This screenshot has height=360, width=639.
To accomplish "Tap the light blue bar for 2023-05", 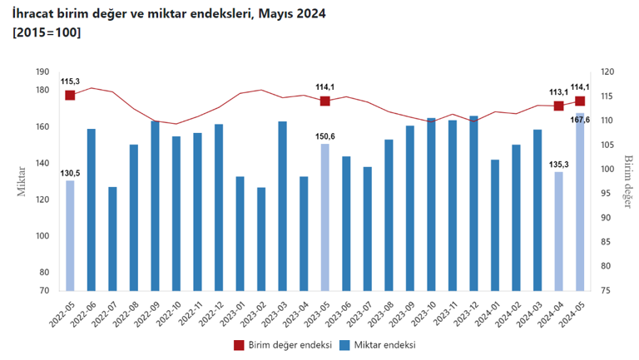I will click(325, 217).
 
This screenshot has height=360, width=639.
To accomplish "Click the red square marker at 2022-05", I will click(70, 96).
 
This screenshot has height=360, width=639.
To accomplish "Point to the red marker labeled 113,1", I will click(558, 106).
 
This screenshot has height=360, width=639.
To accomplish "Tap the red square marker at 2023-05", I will click(325, 101).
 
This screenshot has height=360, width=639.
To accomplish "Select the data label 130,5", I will click(70, 173).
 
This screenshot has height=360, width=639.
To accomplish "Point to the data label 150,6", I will click(325, 136).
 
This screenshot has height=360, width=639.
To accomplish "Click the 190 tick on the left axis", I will click(42, 72).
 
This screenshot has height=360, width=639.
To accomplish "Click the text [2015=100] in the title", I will click(47, 32).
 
